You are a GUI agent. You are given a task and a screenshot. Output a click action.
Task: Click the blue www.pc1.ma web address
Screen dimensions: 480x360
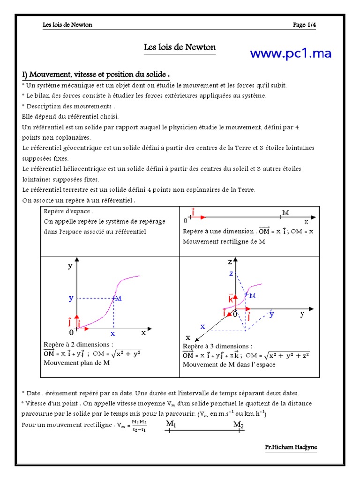coord(290,53)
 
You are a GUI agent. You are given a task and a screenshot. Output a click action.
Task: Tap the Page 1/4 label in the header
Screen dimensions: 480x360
coord(304,25)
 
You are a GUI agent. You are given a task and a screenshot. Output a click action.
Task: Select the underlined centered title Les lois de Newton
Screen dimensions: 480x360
coord(180,48)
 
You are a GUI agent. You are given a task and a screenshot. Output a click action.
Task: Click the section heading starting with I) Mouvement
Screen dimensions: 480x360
coord(95,75)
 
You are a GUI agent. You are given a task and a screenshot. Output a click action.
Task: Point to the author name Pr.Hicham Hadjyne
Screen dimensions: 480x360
coord(291,447)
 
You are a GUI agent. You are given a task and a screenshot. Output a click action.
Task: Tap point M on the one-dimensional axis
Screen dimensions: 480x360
coord(285,213)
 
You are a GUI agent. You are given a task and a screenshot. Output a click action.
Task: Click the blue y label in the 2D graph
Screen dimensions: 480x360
coord(71,298)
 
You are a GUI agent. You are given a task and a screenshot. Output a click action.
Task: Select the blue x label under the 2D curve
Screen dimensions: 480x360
coord(112,334)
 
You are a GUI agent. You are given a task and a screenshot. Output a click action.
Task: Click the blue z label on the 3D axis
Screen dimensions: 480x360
coord(231,273)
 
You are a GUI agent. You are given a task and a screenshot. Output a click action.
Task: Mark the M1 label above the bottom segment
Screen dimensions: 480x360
coord(171,424)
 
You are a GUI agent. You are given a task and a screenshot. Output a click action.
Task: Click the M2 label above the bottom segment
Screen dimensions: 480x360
coord(239,424)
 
